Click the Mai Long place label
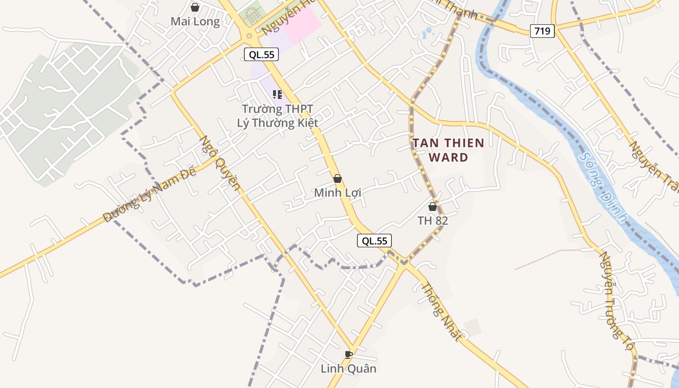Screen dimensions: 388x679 point(195,22)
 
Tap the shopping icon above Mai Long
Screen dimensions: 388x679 point(195,7)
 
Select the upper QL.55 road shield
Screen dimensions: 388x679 point(261,55)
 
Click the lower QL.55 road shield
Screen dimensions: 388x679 point(374,241)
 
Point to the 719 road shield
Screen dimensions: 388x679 point(542,31)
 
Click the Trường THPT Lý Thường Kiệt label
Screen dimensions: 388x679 point(277,116)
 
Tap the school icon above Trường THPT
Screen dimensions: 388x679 point(277,94)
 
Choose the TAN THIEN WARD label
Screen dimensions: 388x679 point(448,150)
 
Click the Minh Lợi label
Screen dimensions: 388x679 point(338,193)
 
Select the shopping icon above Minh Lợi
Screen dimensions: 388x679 point(338,178)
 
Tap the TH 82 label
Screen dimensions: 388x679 point(433,221)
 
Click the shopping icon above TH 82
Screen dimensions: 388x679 point(433,207)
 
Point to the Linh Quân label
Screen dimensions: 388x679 point(348,369)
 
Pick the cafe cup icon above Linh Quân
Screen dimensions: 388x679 point(348,355)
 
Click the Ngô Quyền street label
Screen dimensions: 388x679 point(220,162)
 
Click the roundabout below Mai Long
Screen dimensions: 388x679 point(249,35)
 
